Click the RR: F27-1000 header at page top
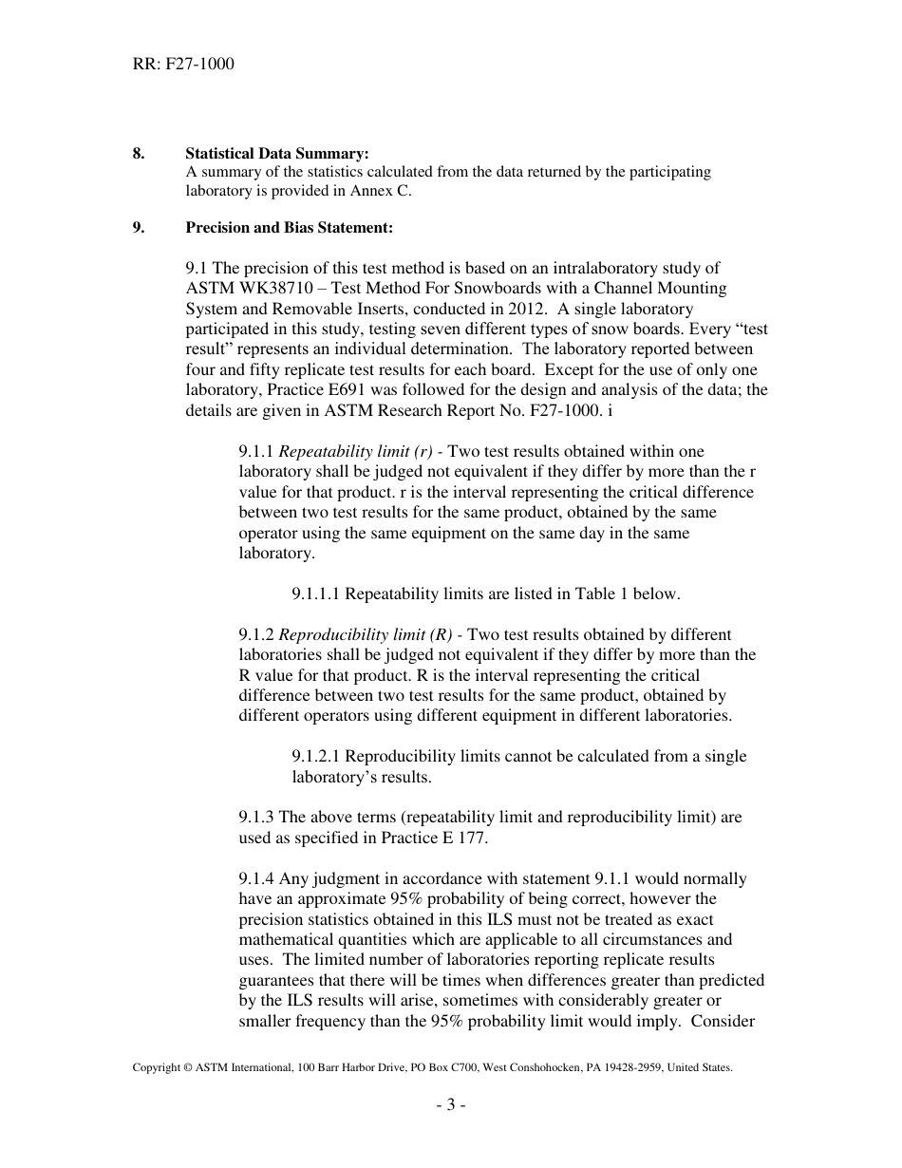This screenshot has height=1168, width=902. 183,65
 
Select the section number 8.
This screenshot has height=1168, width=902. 139,153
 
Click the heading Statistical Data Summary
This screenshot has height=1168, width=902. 277,153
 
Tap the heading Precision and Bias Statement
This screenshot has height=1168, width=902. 289,228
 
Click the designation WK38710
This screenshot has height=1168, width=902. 268,288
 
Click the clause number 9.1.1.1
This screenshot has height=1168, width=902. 316,594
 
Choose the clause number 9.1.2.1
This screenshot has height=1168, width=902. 316,757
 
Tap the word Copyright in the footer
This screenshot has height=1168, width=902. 156,1068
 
